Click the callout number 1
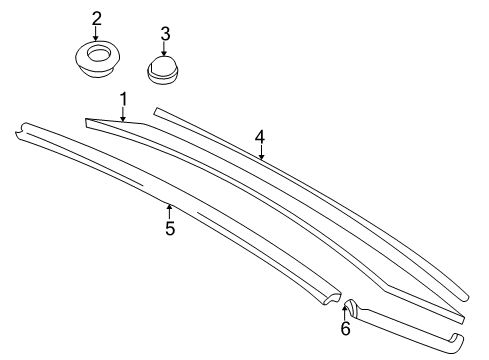tap(124, 100)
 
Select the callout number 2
tap(96, 19)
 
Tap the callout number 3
tap(165, 34)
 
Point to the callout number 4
tap(260, 137)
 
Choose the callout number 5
tap(170, 228)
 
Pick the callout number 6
tap(345, 328)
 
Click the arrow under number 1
tap(123, 114)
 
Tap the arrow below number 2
tap(96, 34)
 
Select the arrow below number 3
tap(164, 49)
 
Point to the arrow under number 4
tap(262, 152)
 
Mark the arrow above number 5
tap(170, 212)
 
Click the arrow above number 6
tap(345, 312)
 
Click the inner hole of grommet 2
tap(98, 54)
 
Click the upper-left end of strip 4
tap(156, 111)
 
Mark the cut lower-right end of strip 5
tap(331, 297)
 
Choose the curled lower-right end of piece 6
tap(457, 343)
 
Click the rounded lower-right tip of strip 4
tap(465, 297)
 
